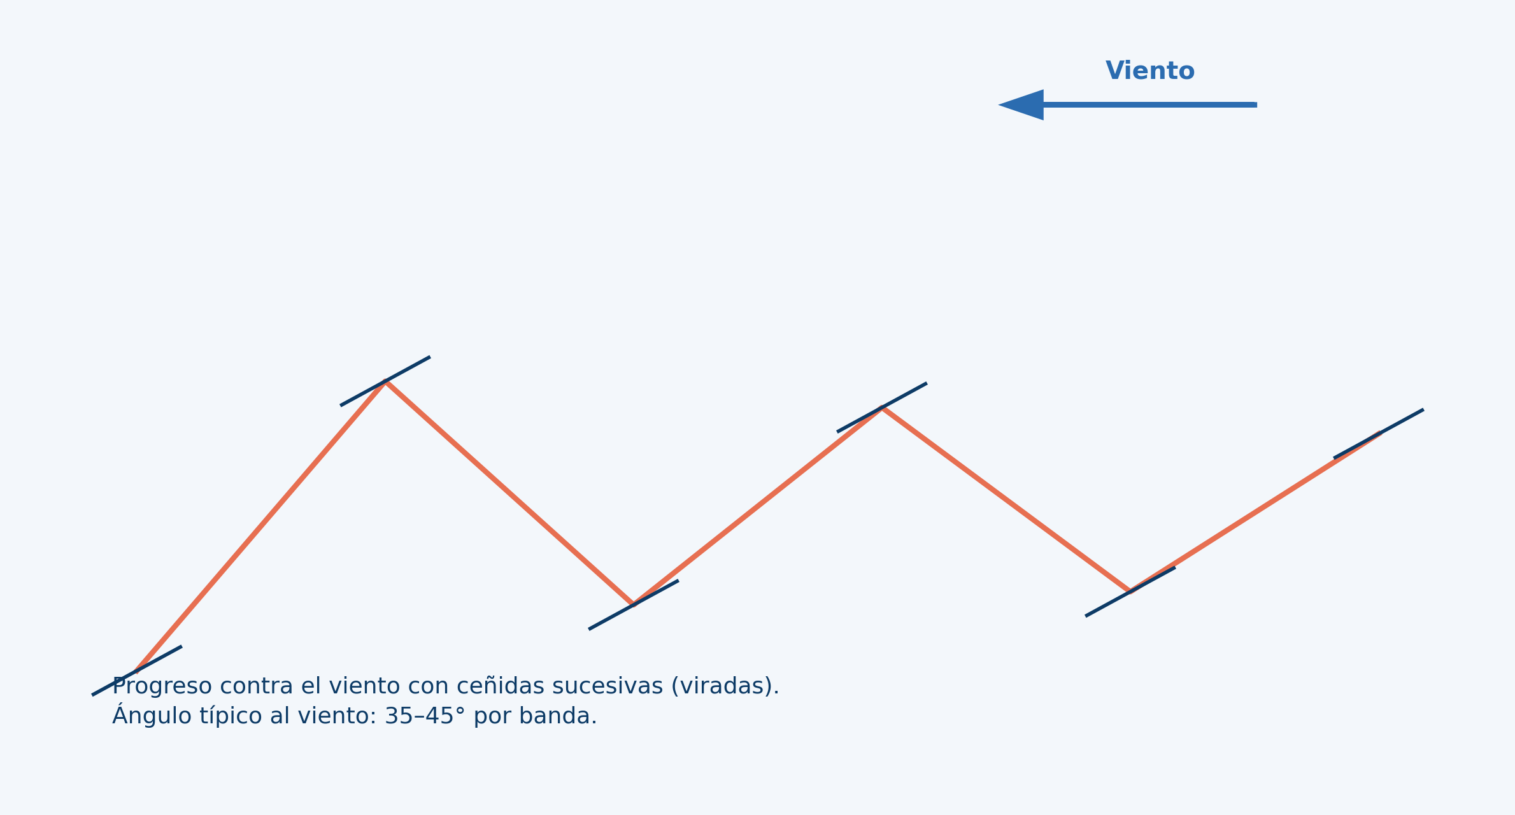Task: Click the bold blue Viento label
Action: coord(1149,71)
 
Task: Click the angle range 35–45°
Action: coord(425,716)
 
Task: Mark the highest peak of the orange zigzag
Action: coord(385,382)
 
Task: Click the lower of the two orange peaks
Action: coord(882,408)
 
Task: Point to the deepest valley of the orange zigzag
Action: coord(633,604)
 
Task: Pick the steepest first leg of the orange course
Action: coord(261,527)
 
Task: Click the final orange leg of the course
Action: coord(1255,511)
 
